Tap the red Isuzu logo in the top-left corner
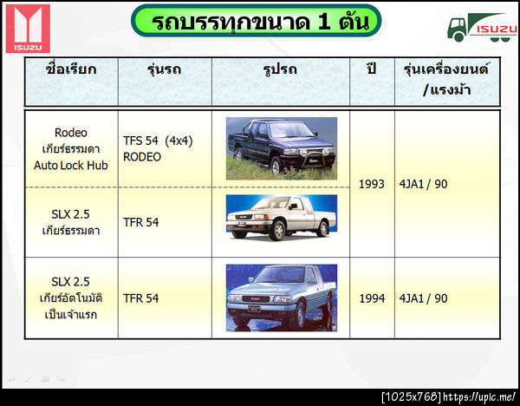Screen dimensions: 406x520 pyautogui.click(x=27, y=28)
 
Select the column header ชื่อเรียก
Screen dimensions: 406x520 pyautogui.click(x=71, y=68)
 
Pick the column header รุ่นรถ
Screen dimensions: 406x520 pyautogui.click(x=164, y=68)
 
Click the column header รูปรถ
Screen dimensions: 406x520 pyautogui.click(x=281, y=68)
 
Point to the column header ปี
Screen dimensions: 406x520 pyautogui.click(x=372, y=68)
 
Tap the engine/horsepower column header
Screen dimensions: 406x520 pyautogui.click(x=445, y=76)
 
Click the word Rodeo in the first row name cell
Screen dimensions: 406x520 pyautogui.click(x=71, y=133)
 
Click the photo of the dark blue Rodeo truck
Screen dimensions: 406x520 pyautogui.click(x=281, y=148)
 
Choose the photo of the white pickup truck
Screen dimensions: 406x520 pyautogui.click(x=281, y=217)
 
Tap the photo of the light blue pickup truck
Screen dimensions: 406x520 pyautogui.click(x=281, y=298)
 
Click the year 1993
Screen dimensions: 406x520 pyautogui.click(x=372, y=184)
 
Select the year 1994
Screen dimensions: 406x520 pyautogui.click(x=372, y=298)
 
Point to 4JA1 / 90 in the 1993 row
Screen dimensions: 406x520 pyautogui.click(x=424, y=184)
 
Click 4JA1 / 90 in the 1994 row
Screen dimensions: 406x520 pyautogui.click(x=424, y=298)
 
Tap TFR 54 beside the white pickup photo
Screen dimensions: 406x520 pyautogui.click(x=141, y=222)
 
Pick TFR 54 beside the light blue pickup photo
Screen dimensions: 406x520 pyautogui.click(x=141, y=298)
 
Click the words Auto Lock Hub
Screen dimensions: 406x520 pyautogui.click(x=71, y=165)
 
